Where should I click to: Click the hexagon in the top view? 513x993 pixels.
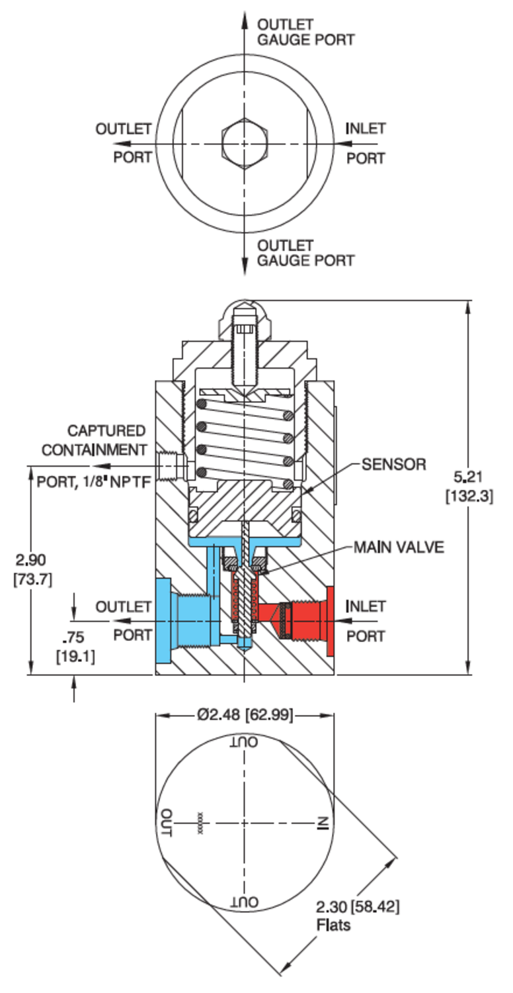245,144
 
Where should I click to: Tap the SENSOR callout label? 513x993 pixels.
393,464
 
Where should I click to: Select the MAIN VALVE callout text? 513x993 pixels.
399,547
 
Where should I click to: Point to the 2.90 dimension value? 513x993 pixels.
32,559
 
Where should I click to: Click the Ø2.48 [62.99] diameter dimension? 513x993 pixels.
245,715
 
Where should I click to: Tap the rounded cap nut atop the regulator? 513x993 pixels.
245,314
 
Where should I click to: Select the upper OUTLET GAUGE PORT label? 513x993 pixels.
305,32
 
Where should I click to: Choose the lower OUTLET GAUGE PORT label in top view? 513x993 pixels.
305,253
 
